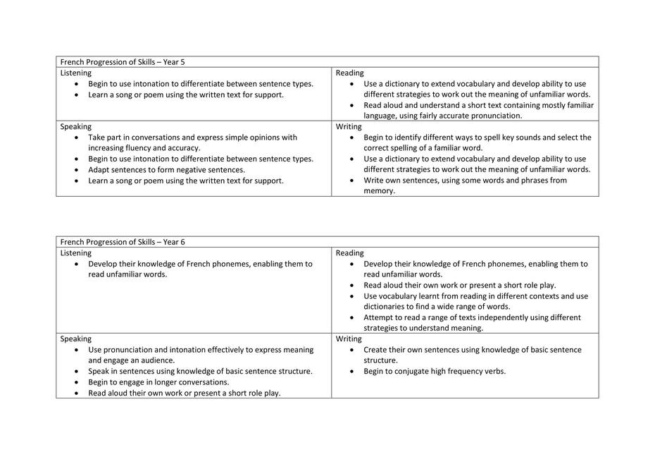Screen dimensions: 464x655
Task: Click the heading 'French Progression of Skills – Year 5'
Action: [123, 62]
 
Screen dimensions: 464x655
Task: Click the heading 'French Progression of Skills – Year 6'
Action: [123, 242]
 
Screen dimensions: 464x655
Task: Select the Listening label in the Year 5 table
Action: [75, 73]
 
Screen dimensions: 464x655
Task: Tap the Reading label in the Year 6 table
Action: [349, 252]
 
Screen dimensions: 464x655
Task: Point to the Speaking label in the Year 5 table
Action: [75, 127]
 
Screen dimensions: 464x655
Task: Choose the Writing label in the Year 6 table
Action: [349, 338]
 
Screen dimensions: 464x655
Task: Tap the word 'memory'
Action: [378, 191]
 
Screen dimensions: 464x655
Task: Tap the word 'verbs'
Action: [494, 371]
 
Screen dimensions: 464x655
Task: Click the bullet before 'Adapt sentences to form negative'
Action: [77, 170]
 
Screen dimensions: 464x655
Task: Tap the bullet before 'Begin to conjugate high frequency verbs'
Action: [352, 372]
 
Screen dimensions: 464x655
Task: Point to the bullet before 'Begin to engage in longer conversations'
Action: [77, 382]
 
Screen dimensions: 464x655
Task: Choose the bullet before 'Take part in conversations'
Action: [77, 138]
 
